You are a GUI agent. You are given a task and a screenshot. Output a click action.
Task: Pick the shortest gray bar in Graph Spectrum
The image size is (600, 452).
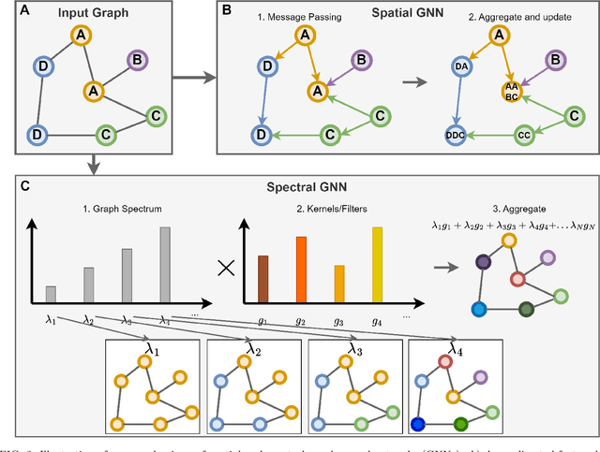pyautogui.click(x=51, y=295)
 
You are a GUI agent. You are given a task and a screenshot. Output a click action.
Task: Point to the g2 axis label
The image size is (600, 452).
pyautogui.click(x=302, y=318)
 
